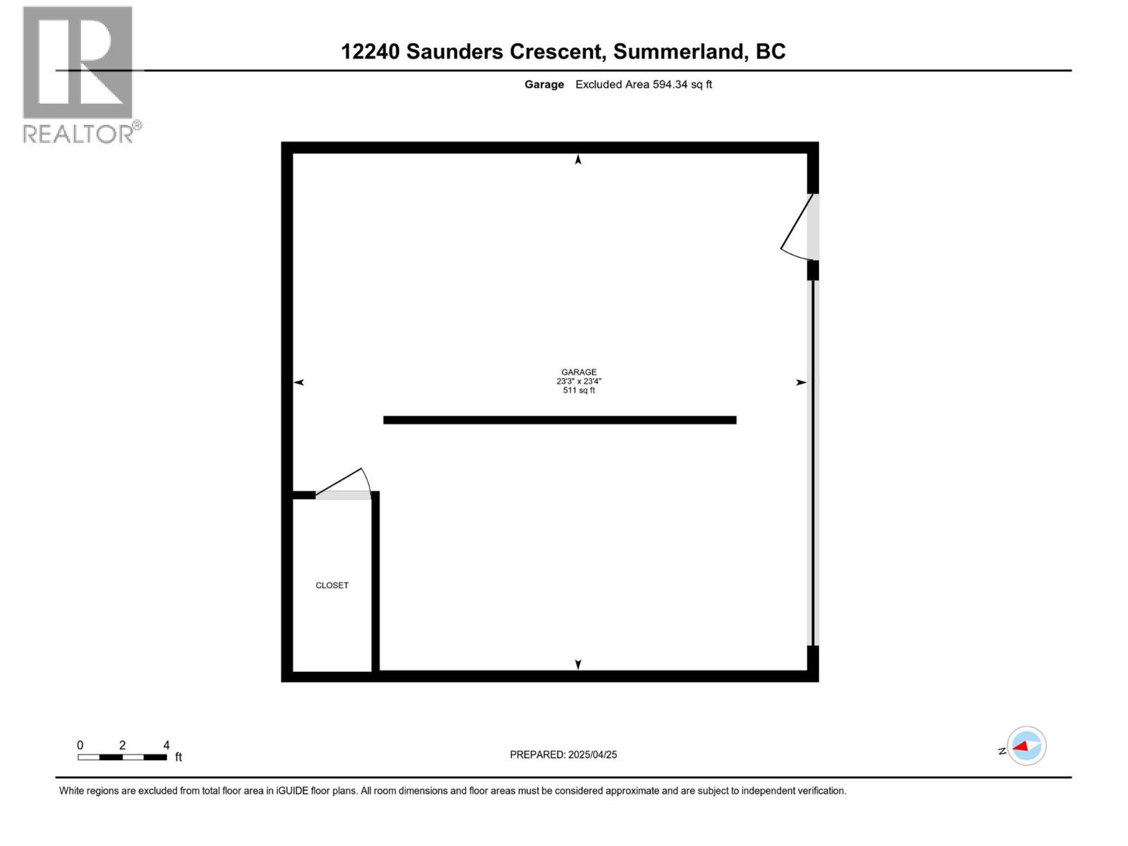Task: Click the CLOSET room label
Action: [x=332, y=585]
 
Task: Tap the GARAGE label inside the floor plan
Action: [x=579, y=372]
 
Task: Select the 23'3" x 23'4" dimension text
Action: [x=579, y=381]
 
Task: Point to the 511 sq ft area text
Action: [x=579, y=391]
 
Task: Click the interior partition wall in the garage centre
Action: [x=560, y=420]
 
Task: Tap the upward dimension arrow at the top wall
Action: [x=578, y=160]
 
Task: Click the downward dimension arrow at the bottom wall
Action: [x=578, y=664]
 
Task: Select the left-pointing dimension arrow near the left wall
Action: [x=299, y=382]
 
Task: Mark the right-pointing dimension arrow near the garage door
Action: [x=801, y=382]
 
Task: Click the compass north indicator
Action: [x=1026, y=746]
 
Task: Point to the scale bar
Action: [x=122, y=757]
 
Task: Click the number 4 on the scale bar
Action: [x=166, y=745]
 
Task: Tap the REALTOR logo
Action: [x=79, y=75]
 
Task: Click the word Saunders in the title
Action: [x=455, y=51]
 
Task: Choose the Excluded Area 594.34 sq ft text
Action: [x=644, y=85]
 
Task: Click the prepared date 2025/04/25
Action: [x=592, y=754]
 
